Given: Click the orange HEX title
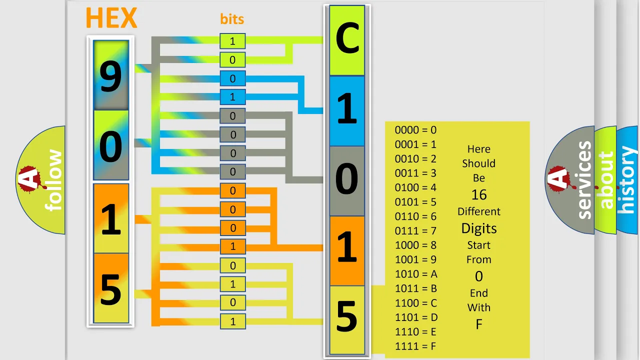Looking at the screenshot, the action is (x=111, y=17).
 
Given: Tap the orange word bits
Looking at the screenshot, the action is (x=232, y=19).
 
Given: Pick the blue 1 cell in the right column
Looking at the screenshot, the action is (x=347, y=111).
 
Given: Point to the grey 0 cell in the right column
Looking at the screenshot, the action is (x=347, y=181).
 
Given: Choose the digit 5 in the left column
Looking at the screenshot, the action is (x=111, y=289).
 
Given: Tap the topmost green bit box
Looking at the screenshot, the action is (x=232, y=41).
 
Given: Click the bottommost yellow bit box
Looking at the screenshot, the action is (x=233, y=321).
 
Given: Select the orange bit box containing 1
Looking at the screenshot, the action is (x=233, y=246).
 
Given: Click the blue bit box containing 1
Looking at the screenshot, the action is (x=232, y=97).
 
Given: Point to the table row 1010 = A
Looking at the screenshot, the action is (x=416, y=274).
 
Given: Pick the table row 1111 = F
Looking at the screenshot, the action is (x=415, y=346).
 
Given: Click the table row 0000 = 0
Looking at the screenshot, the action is (x=415, y=130).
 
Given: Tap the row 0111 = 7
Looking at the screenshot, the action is (x=415, y=230).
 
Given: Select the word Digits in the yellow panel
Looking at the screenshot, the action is (x=479, y=228).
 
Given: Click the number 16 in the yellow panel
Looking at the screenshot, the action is (x=479, y=195).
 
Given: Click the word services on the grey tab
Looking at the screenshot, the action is (x=584, y=180).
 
